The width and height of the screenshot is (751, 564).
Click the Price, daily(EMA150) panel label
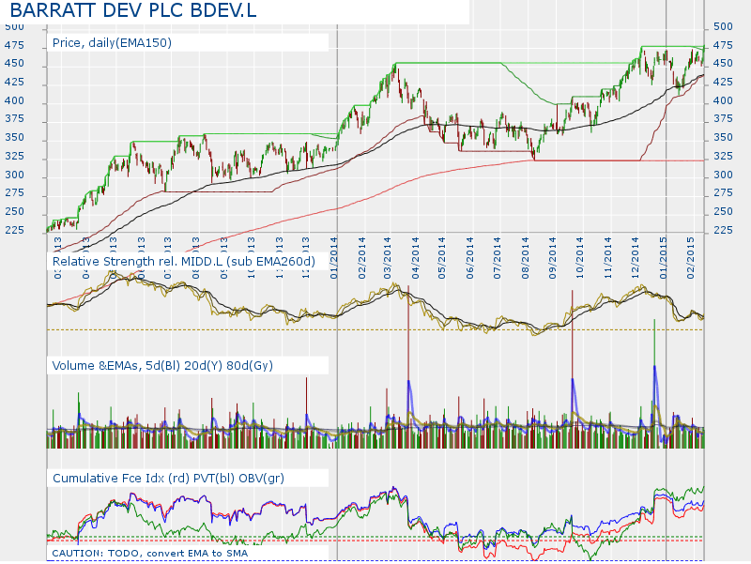pos(112,43)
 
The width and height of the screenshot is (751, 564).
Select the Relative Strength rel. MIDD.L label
pos(183,260)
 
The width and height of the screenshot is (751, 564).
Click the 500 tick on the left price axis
pos(13,26)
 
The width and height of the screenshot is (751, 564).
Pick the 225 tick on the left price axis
pos(13,230)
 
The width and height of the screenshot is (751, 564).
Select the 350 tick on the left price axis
pos(13,138)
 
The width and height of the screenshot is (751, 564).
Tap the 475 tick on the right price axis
pos(722,45)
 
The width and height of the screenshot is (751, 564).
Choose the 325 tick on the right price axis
pos(722,156)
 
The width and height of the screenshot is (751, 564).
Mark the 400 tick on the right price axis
pos(722,100)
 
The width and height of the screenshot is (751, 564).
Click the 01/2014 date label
pos(335,254)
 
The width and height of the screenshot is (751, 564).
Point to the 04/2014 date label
pos(415,254)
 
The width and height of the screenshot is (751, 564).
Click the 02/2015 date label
pos(690,254)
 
